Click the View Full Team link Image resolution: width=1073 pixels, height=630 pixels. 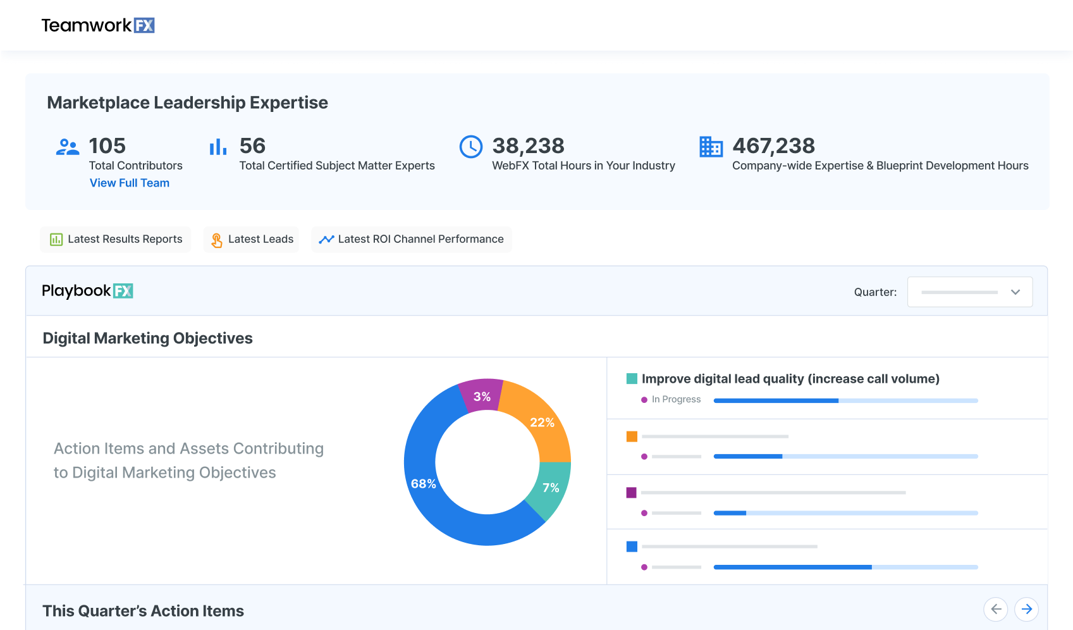click(130, 183)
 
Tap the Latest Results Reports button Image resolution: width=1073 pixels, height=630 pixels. click(116, 239)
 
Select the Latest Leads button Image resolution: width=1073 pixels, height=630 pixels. click(252, 239)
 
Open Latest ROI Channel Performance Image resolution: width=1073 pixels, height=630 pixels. click(412, 239)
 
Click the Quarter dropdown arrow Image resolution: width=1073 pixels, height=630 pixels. click(1015, 292)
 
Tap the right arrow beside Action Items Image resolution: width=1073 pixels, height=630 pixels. click(1027, 609)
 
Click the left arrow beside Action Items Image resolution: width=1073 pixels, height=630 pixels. click(996, 609)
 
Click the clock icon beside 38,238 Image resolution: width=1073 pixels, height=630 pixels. click(471, 147)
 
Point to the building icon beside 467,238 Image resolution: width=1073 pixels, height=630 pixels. click(711, 147)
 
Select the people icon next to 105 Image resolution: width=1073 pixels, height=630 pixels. click(68, 147)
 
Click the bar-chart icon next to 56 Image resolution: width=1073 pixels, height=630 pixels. click(218, 147)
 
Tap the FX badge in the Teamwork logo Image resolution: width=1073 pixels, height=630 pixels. click(144, 25)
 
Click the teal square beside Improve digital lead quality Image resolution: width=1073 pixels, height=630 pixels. click(632, 379)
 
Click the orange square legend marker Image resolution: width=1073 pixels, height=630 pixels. click(632, 436)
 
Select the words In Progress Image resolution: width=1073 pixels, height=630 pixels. click(676, 400)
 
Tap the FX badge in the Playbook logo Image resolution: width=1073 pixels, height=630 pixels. click(123, 291)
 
